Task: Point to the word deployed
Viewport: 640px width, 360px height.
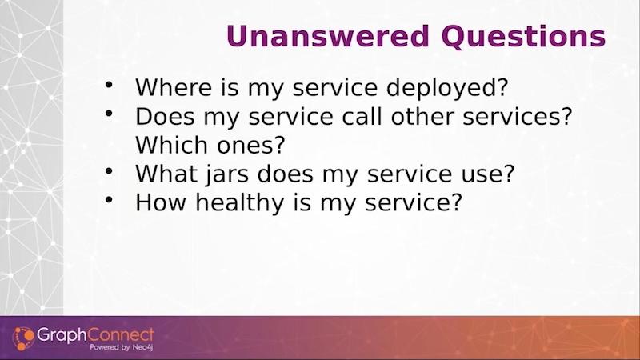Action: click(447, 88)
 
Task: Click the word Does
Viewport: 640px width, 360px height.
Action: click(165, 116)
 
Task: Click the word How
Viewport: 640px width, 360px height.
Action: click(161, 202)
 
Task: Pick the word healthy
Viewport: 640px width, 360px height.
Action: click(239, 203)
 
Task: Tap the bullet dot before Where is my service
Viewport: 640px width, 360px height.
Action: click(109, 85)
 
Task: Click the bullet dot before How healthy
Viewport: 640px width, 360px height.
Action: click(109, 199)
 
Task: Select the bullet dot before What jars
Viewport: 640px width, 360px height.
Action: click(109, 171)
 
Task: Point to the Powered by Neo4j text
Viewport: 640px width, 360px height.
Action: click(122, 347)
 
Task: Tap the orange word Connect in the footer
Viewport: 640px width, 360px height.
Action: click(121, 335)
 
